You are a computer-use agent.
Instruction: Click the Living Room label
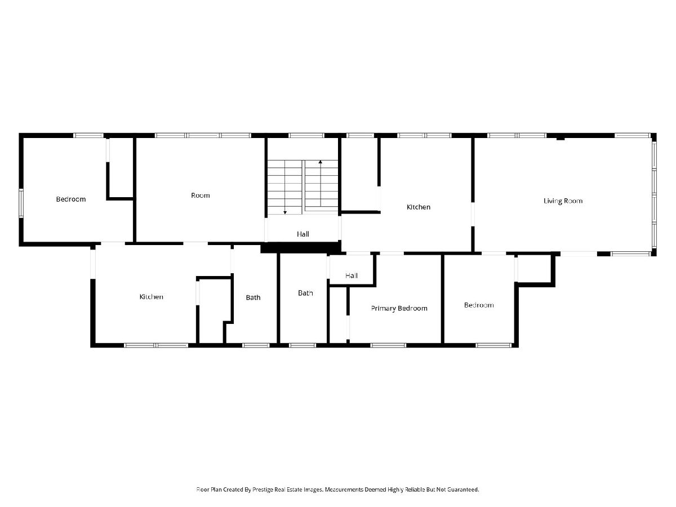(563, 201)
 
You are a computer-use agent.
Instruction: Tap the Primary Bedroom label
(399, 309)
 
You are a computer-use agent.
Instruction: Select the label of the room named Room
(200, 195)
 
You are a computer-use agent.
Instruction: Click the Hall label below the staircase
(303, 234)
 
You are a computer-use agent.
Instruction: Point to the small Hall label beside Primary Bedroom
(352, 275)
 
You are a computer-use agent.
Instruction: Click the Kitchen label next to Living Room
(418, 207)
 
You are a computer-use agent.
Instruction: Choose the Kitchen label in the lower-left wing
(151, 297)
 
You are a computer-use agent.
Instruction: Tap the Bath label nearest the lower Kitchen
(253, 297)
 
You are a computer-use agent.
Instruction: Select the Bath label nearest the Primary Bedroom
(305, 293)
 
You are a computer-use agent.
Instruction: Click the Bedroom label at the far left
(71, 199)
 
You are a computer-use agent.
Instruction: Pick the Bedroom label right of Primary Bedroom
(479, 305)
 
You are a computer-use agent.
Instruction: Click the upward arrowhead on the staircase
(321, 162)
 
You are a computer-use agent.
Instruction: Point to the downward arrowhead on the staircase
(285, 212)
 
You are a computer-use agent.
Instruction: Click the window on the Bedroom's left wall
(21, 203)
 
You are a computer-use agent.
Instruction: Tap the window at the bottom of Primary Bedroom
(388, 345)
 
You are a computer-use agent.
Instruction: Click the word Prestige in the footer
(263, 490)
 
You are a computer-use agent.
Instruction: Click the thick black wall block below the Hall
(301, 248)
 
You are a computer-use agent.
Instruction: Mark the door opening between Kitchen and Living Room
(473, 214)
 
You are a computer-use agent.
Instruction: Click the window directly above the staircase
(306, 135)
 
